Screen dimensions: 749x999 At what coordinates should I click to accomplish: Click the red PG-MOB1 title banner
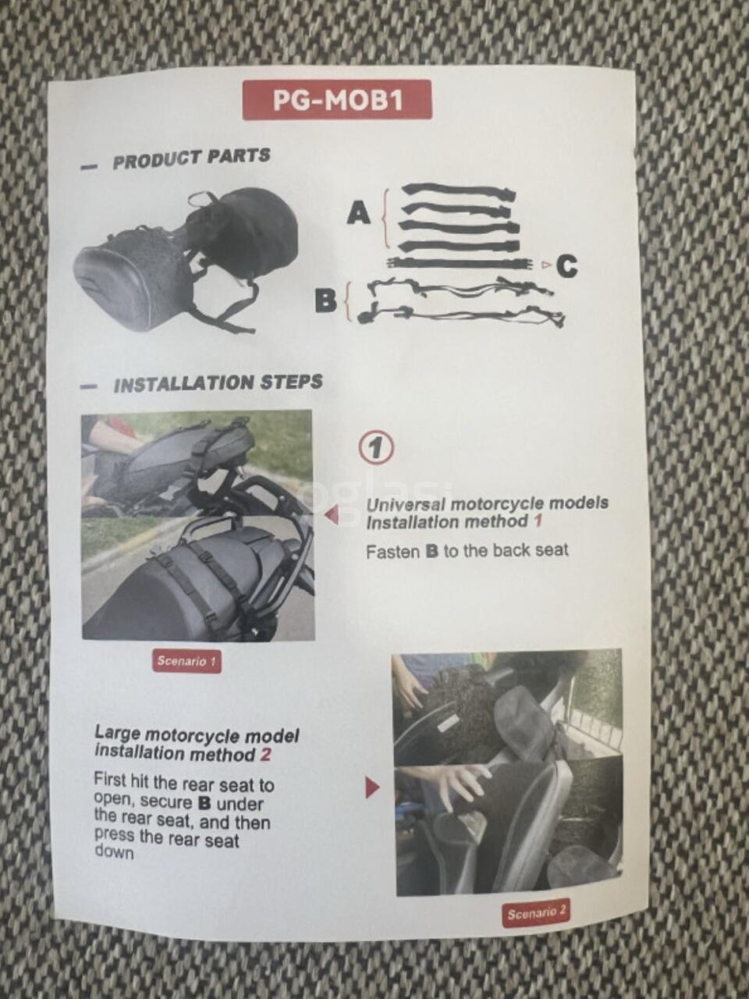(337, 100)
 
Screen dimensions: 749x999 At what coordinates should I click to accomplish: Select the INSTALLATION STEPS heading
(218, 382)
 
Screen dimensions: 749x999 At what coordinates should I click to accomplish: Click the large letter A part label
(359, 213)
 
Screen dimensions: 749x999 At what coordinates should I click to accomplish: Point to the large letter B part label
(327, 300)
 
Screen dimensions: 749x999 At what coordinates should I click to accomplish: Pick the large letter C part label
(566, 266)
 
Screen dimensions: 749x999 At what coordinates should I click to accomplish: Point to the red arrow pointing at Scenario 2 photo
(372, 787)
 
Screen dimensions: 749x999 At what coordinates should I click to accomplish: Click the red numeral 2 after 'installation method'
(265, 755)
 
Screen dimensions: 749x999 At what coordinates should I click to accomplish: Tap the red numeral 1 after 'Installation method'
(538, 521)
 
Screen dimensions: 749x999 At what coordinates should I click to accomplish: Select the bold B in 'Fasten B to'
(432, 552)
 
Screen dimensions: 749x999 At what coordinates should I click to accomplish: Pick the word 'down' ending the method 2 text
(114, 851)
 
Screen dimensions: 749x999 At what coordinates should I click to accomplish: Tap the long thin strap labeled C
(461, 263)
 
